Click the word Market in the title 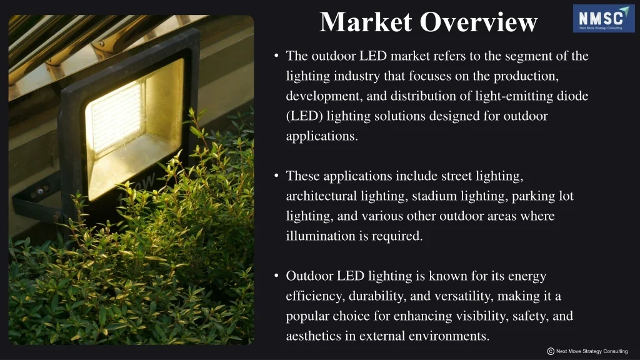(366, 22)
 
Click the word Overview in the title (479, 22)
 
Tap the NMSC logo (603, 18)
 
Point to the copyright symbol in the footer (551, 351)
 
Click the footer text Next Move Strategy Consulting (592, 351)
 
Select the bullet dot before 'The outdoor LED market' (277, 56)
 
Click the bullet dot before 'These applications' (277, 176)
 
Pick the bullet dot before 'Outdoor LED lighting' (277, 276)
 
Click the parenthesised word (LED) (304, 116)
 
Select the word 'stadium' (434, 196)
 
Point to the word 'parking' (534, 196)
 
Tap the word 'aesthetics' (314, 336)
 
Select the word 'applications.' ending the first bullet (322, 136)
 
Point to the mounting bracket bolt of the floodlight (39, 191)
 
